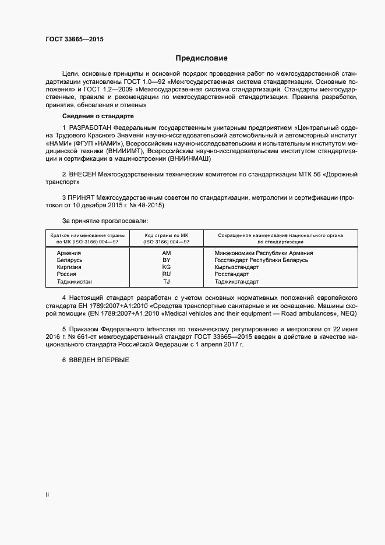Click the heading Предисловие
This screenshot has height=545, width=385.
[x=202, y=58]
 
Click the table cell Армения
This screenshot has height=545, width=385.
[x=69, y=253]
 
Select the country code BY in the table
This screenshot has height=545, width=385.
[x=167, y=260]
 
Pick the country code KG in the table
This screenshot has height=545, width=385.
[x=167, y=267]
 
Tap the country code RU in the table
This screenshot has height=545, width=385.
[x=167, y=274]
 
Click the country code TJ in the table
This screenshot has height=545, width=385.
[x=167, y=281]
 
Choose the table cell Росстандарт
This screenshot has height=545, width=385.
[x=232, y=274]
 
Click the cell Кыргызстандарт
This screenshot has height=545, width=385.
[x=238, y=267]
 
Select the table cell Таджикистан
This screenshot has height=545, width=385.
[x=75, y=281]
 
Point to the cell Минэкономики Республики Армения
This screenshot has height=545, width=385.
[x=264, y=253]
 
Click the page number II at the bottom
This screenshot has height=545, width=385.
[x=48, y=495]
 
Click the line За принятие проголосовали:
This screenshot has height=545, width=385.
[x=105, y=221]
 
